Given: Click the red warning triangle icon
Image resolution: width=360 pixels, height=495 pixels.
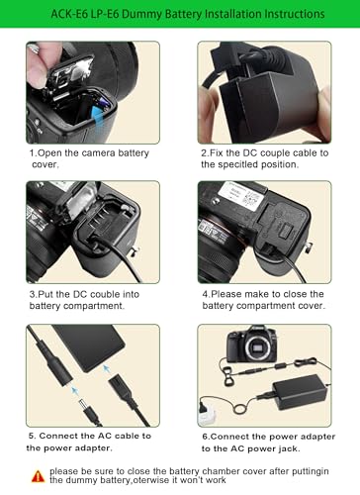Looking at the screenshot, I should (39, 475).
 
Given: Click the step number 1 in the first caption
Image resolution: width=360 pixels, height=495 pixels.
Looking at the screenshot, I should (32, 153).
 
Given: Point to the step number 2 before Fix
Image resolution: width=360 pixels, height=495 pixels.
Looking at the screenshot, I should (205, 153).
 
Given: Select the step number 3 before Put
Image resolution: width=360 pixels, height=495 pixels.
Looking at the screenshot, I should (32, 294).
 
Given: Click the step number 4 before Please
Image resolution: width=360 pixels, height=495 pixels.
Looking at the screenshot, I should (206, 294).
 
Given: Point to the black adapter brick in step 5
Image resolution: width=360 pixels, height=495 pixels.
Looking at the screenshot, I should (89, 349).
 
